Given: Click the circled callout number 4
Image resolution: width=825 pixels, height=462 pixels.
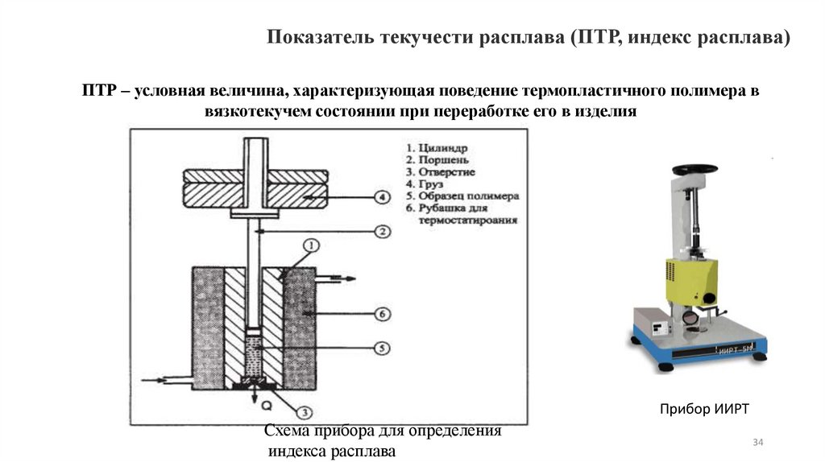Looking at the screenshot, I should tap(383, 197).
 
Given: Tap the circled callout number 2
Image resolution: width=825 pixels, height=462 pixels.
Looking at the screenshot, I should tap(383, 232).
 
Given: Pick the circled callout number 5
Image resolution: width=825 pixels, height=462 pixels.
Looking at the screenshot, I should tap(383, 348).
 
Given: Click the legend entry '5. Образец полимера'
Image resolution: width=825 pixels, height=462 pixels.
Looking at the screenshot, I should tap(462, 196).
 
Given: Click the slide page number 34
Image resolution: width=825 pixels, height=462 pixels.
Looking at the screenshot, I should tap(757, 443).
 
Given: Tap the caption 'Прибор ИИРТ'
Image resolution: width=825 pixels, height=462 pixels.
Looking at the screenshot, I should tap(704, 410).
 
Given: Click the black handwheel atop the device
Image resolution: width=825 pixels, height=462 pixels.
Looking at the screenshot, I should tap(695, 168).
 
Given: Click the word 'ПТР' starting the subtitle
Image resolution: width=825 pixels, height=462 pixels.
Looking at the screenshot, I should tap(97, 92).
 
